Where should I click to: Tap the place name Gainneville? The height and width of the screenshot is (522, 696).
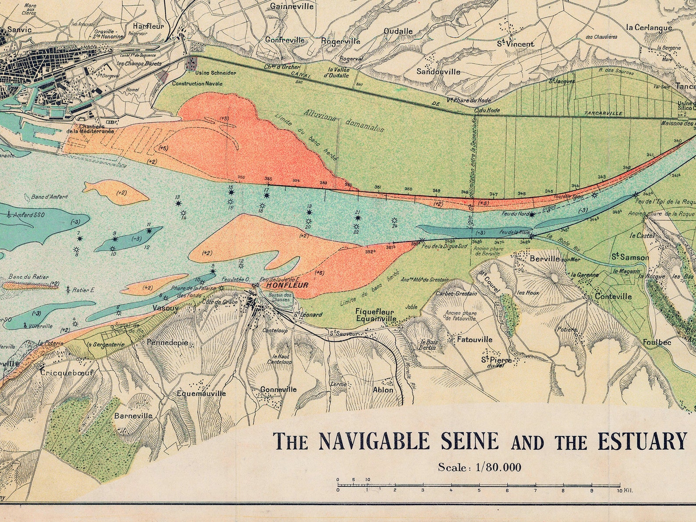point(292,7)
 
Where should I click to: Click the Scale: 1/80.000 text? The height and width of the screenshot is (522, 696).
point(479,467)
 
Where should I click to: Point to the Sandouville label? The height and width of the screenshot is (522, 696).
point(438,71)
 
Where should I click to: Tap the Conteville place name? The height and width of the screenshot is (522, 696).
point(613,297)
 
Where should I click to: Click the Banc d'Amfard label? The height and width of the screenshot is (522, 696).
point(50,197)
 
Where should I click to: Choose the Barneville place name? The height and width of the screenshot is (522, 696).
point(133,415)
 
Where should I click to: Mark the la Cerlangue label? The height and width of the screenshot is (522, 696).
point(649,28)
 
